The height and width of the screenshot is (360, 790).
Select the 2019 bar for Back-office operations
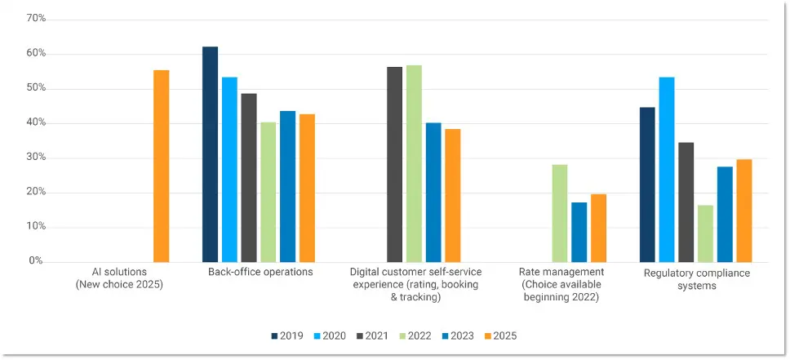(210, 154)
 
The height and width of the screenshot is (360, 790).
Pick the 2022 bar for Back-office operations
(269, 192)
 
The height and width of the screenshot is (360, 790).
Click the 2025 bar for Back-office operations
(307, 188)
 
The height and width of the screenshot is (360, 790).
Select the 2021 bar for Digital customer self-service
(394, 164)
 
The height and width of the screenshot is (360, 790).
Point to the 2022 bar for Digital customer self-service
(414, 163)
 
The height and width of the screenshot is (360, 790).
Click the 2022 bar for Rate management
(560, 213)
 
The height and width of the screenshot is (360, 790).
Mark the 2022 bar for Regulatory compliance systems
(705, 233)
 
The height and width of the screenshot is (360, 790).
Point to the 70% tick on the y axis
(35, 18)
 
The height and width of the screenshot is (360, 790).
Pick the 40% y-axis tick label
(35, 122)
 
